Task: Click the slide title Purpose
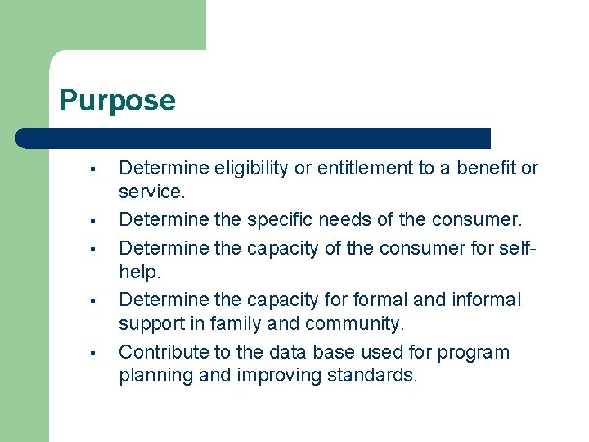point(118,101)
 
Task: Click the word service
point(149,192)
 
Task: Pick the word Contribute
point(161,353)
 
